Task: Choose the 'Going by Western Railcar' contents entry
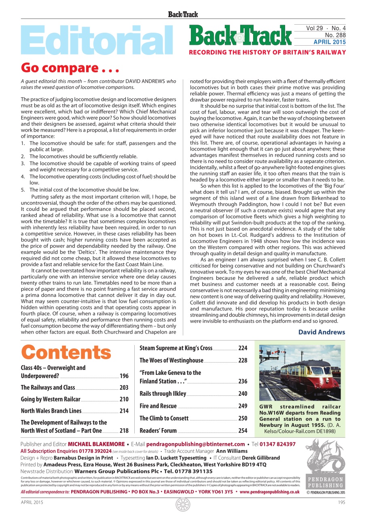51,399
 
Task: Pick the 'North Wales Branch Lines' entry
51,411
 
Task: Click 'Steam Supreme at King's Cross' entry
176,348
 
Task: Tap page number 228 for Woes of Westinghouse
243,360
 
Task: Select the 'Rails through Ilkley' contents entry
163,393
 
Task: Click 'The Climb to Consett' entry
164,418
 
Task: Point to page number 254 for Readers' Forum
243,431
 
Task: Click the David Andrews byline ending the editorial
322,332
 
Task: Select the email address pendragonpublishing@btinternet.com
195,444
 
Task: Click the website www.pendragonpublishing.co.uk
269,492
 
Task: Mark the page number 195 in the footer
341,502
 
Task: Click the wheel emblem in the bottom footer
183,504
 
